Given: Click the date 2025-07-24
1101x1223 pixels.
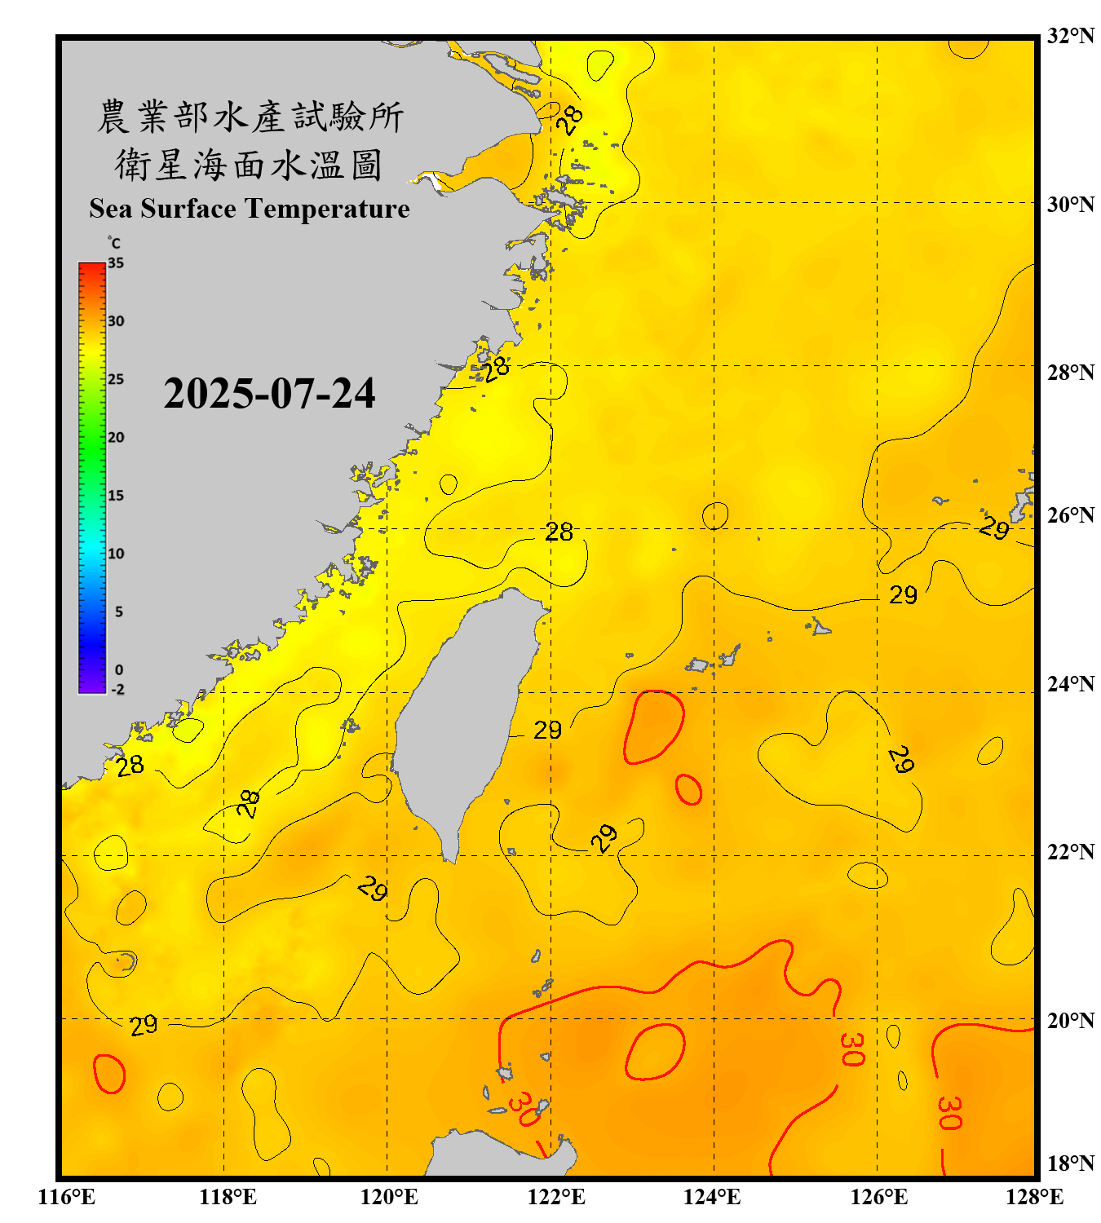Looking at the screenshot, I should (269, 394).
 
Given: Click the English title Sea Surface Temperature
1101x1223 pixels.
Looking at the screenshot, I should (250, 209).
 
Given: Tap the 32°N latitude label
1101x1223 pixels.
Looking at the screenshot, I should (1071, 36).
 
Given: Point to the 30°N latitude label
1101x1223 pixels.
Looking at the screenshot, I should (1071, 204).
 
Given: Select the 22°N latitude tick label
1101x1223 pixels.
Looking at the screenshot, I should (1071, 852).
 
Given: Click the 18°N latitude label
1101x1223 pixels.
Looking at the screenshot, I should (1071, 1163).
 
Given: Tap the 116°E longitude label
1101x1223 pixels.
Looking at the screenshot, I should (67, 1197).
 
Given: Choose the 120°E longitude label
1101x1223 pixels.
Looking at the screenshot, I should (389, 1197).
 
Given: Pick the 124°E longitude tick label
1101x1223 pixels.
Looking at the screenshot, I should (712, 1197).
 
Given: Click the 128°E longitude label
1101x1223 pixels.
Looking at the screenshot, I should (1034, 1197).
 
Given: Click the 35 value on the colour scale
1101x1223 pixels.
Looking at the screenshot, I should (116, 263).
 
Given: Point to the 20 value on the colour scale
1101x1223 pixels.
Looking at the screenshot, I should (116, 438).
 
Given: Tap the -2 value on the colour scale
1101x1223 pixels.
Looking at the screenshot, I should (117, 690).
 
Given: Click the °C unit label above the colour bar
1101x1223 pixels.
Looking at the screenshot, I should (114, 243).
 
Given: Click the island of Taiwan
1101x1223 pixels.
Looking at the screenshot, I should (465, 717).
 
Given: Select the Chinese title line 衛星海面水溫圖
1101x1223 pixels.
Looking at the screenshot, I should (249, 165).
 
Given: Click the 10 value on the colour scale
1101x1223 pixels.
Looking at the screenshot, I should (116, 554).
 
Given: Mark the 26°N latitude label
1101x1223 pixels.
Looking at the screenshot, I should (1071, 515).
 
